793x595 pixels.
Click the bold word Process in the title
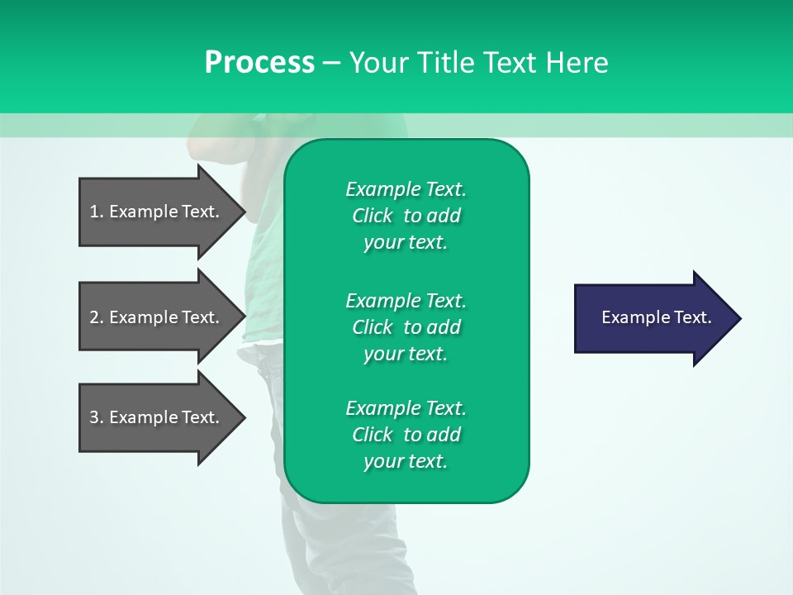click(259, 63)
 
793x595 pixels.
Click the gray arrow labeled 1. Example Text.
click(157, 212)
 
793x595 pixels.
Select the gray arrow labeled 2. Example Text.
click(157, 317)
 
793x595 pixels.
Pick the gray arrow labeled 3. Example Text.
click(157, 417)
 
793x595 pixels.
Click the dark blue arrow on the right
click(653, 318)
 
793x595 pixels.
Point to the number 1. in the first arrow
click(97, 212)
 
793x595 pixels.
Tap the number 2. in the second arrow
click(97, 317)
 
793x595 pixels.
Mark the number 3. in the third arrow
click(97, 417)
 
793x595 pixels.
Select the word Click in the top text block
click(373, 216)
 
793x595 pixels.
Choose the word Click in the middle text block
click(373, 327)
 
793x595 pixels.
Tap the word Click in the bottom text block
click(373, 435)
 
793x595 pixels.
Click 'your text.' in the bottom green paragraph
click(406, 461)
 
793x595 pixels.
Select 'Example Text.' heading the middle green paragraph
click(406, 301)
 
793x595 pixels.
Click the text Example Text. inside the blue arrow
click(656, 317)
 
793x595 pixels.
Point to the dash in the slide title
click(331, 63)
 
